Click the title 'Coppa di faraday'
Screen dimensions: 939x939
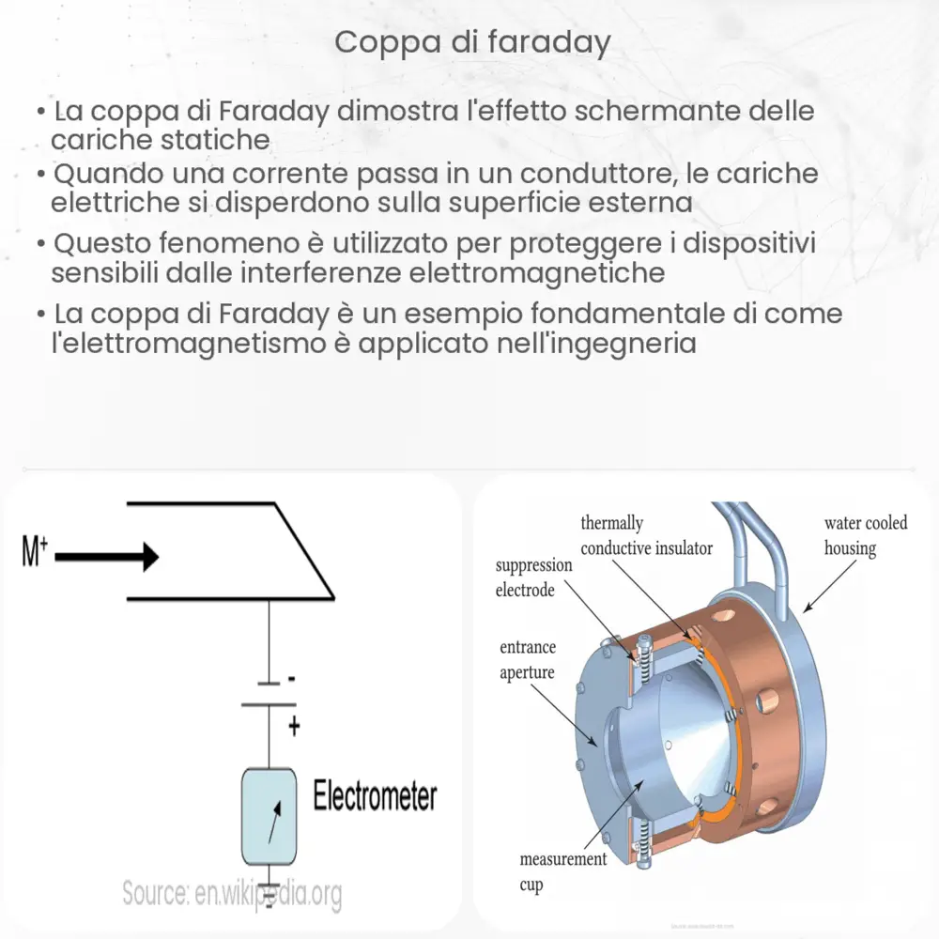pos(472,43)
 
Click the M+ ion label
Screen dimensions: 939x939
pos(34,554)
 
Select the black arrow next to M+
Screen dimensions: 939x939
pos(107,558)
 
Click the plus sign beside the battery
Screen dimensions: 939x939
pos(293,725)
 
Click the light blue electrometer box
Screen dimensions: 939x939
pos(269,817)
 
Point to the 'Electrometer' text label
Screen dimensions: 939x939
pos(375,796)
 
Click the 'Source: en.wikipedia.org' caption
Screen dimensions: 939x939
pos(231,894)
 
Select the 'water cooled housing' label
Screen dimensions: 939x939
pos(865,535)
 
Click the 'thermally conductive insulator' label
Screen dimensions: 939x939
pos(646,535)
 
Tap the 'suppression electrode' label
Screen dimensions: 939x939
pos(533,577)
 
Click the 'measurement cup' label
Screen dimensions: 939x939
pos(562,872)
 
